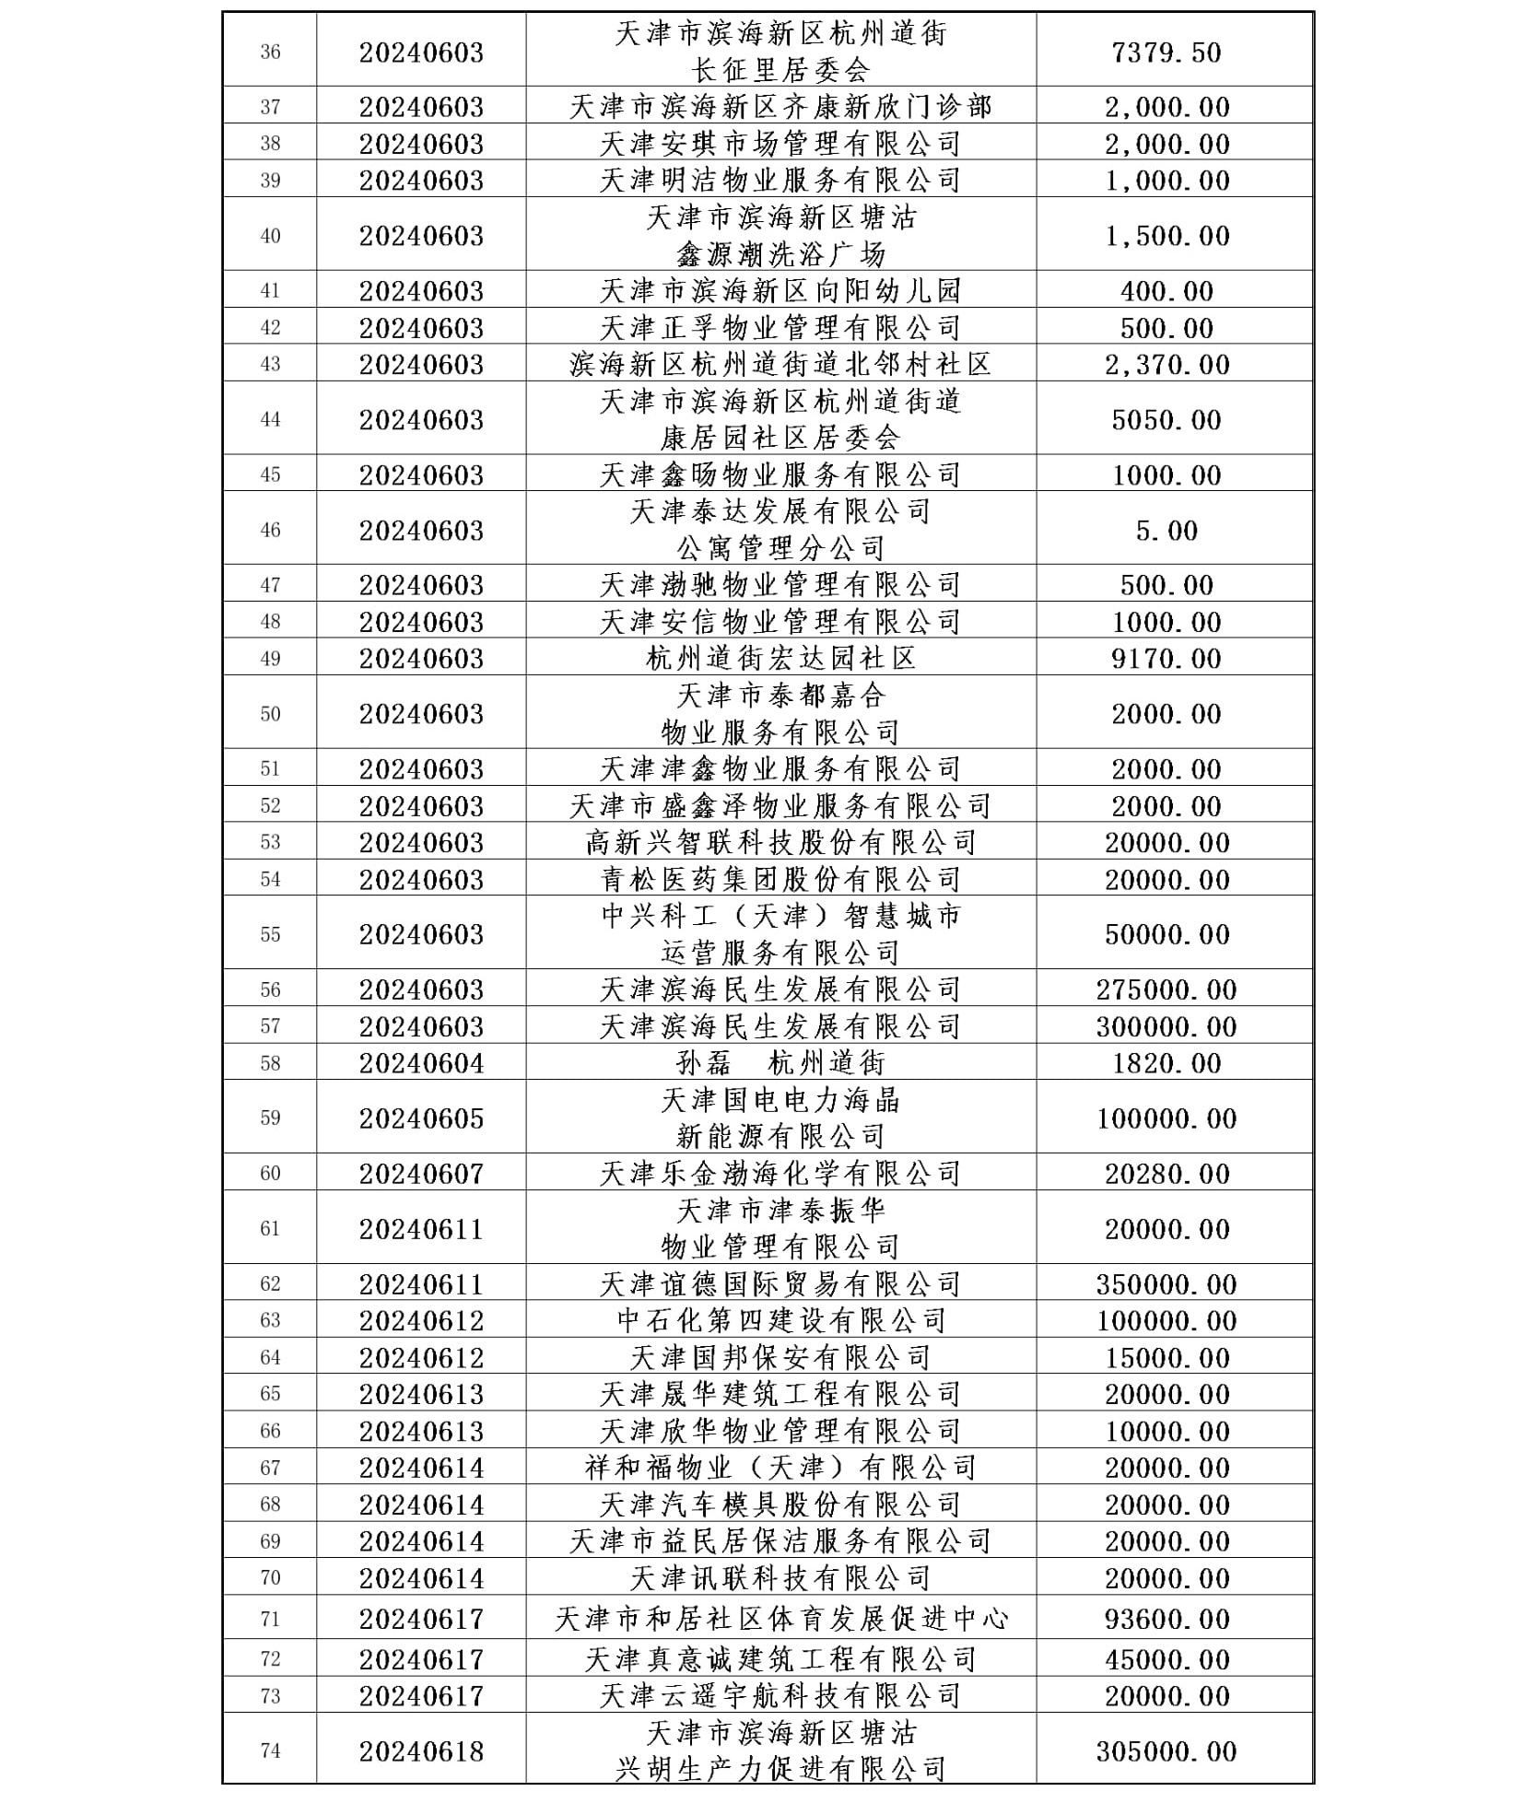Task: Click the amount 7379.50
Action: (x=1166, y=52)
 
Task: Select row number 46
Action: (x=270, y=530)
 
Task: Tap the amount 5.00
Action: (x=1166, y=530)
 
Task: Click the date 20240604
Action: (x=421, y=1063)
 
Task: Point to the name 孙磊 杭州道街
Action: (x=780, y=1063)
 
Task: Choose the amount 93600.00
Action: (x=1166, y=1619)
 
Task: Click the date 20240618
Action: (x=421, y=1750)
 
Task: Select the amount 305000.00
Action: (x=1166, y=1750)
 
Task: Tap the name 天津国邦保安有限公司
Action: (x=780, y=1357)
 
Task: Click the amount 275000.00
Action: (x=1166, y=989)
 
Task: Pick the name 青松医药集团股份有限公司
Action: (x=780, y=879)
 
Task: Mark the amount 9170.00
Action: (x=1166, y=658)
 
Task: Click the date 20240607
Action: (x=421, y=1173)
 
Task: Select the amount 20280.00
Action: (x=1166, y=1173)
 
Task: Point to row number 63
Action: (x=270, y=1320)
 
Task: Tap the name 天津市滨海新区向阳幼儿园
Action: (x=780, y=291)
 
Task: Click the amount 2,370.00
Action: (x=1166, y=364)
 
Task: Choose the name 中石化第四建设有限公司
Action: (x=780, y=1320)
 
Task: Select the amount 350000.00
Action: (x=1166, y=1283)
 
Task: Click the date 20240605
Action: (x=421, y=1118)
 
